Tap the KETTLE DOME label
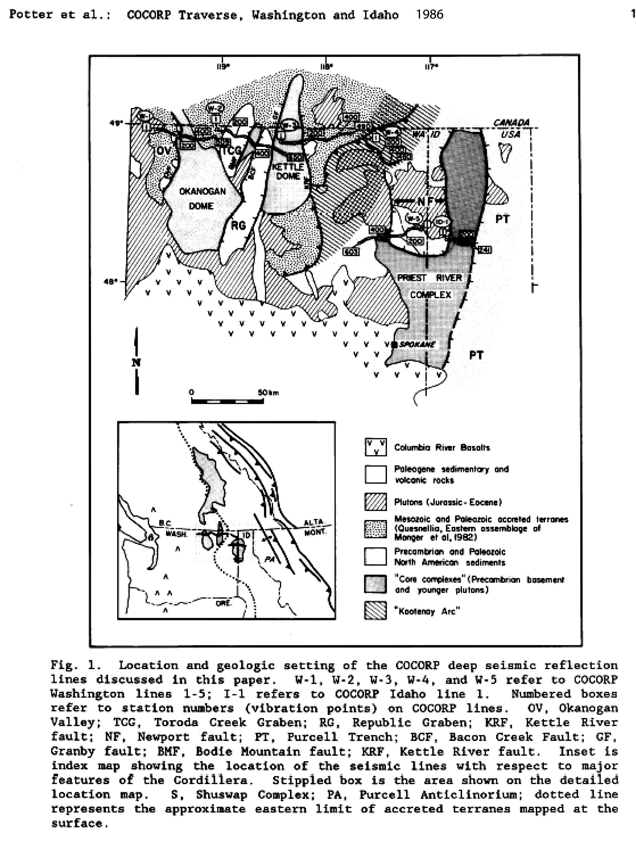point(288,171)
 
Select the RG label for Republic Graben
point(238,225)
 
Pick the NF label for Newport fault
point(425,201)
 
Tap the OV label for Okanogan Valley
point(164,151)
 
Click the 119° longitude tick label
point(223,67)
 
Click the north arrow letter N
point(136,363)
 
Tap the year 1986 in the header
point(430,15)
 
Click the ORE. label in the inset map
point(223,603)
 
